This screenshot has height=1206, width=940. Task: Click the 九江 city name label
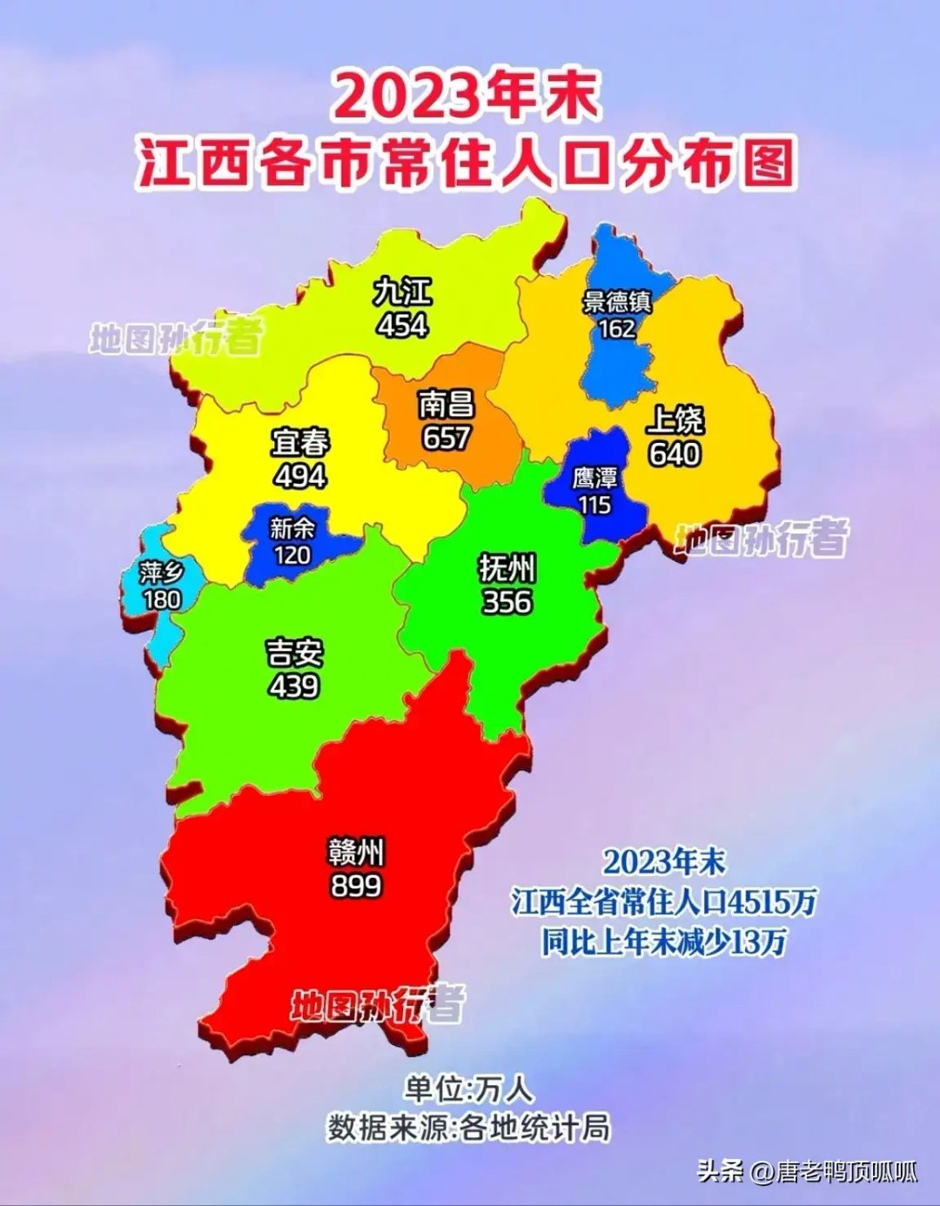tap(402, 291)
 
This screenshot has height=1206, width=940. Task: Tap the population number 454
tap(402, 325)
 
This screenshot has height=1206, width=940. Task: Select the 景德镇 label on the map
tap(617, 302)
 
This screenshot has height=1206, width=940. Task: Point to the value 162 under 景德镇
tap(617, 329)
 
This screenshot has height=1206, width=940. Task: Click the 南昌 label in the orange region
tap(446, 405)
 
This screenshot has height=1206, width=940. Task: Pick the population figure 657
tap(446, 438)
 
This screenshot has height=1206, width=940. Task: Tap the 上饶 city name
tap(675, 420)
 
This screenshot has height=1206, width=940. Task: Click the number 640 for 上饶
tap(675, 453)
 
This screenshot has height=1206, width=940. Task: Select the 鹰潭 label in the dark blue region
tap(595, 478)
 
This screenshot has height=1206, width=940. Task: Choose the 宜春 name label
tap(300, 443)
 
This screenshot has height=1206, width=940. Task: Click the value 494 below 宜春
tap(300, 476)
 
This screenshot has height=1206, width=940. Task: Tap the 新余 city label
tap(292, 527)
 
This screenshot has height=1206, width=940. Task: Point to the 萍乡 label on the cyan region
tap(162, 573)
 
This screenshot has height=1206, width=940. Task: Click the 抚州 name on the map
tap(507, 569)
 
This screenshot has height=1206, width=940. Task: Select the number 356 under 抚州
tap(507, 602)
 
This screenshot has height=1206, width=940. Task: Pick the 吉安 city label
tap(294, 653)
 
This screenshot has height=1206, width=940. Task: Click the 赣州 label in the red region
tap(356, 852)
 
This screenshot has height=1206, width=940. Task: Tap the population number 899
tap(356, 886)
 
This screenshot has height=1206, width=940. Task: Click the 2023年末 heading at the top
tap(467, 96)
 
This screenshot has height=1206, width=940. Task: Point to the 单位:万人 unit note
tap(468, 1089)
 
